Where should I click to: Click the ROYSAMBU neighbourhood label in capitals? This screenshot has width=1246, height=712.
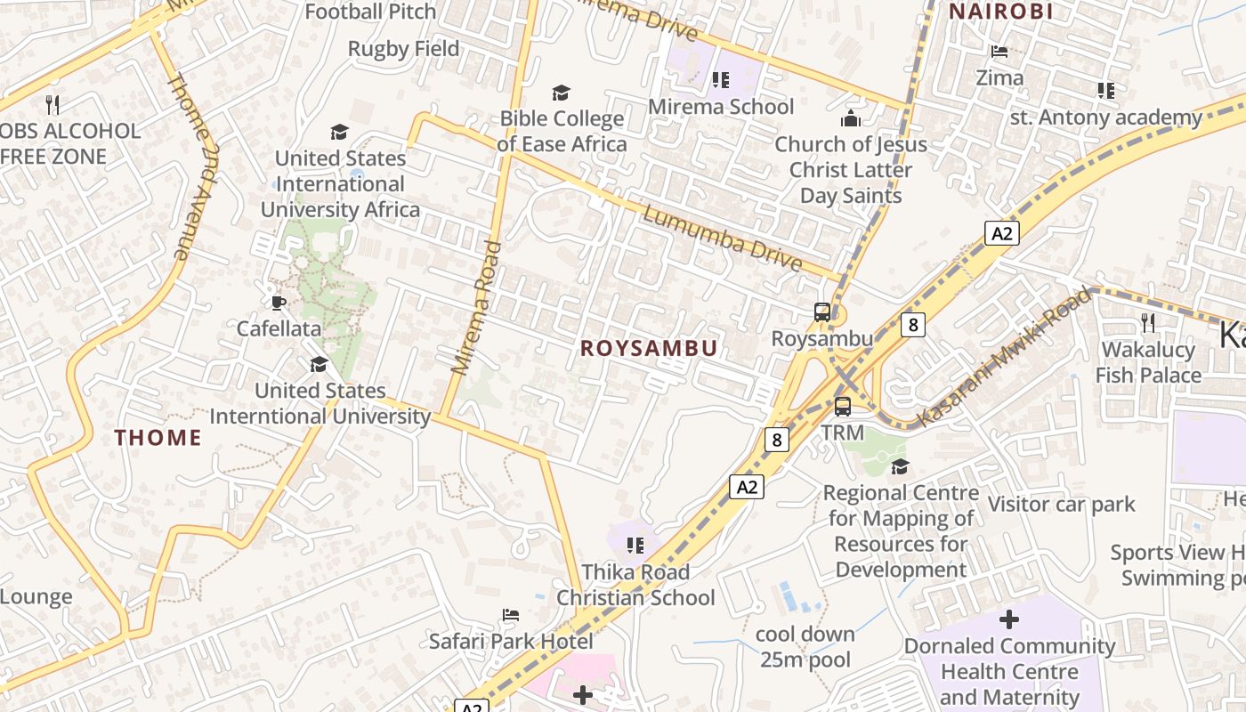pyautogui.click(x=649, y=348)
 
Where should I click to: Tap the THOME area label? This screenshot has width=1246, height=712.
pyautogui.click(x=158, y=437)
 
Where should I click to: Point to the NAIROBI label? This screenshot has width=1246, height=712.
pyautogui.click(x=1001, y=12)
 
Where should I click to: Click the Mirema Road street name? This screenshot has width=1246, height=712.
pyautogui.click(x=472, y=307)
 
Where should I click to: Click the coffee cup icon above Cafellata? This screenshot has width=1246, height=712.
pyautogui.click(x=279, y=303)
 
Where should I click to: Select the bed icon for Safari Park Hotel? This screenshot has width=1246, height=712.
pyautogui.click(x=511, y=615)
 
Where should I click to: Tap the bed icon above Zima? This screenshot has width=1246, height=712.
pyautogui.click(x=999, y=52)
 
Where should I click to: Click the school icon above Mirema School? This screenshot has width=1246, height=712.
pyautogui.click(x=721, y=81)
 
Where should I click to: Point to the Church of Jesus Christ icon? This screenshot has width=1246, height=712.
pyautogui.click(x=851, y=118)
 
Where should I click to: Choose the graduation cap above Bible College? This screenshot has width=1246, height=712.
pyautogui.click(x=561, y=93)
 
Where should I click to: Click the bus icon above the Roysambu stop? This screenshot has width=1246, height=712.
pyautogui.click(x=822, y=312)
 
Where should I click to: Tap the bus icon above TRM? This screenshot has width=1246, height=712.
pyautogui.click(x=842, y=407)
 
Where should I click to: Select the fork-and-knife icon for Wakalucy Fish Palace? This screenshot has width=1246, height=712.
pyautogui.click(x=1147, y=323)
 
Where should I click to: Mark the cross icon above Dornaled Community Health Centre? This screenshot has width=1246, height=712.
pyautogui.click(x=1009, y=619)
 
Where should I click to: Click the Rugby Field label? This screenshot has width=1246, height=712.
pyautogui.click(x=404, y=49)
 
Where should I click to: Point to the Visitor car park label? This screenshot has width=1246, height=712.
pyautogui.click(x=1062, y=505)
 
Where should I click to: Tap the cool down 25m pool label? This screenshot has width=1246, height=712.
pyautogui.click(x=805, y=647)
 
